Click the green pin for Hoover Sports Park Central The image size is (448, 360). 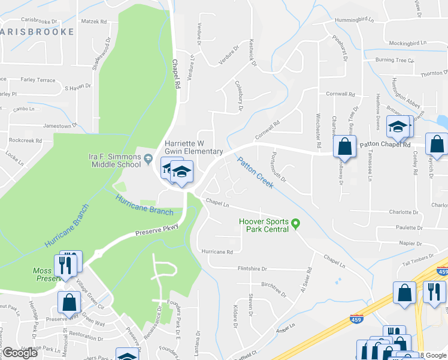coord(295,226)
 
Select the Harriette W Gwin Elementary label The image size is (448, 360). coord(193,148)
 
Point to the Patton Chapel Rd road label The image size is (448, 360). coord(385,145)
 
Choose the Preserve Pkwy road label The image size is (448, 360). coord(157,230)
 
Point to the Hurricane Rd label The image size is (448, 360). coord(217,252)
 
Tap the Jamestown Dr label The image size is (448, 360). coord(60,126)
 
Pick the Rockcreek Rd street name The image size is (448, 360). coord(25,140)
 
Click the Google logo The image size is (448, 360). coord(20,353)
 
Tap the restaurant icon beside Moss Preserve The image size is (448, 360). coord(66,264)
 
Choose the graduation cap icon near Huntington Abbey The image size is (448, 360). coord(397,128)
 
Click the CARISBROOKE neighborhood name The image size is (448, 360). coord(37,32)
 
